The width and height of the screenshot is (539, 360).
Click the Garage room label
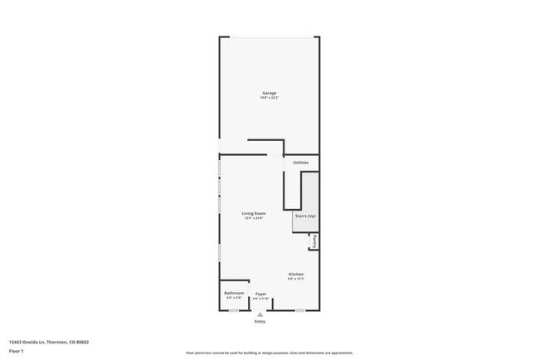[x=269, y=92]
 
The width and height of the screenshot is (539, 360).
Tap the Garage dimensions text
[x=269, y=98]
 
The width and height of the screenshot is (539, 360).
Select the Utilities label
[x=300, y=163]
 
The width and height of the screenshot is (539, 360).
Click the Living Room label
[x=253, y=213]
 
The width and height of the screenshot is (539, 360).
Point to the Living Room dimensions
[x=253, y=219]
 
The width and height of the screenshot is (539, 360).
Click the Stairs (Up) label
[x=305, y=215]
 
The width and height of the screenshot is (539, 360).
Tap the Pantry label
[x=315, y=241]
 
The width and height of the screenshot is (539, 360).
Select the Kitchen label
[x=296, y=274]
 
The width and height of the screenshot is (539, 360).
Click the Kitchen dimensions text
[x=296, y=280]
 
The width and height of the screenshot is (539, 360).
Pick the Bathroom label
[x=233, y=293]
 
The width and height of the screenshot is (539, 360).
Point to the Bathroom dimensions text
[x=233, y=299]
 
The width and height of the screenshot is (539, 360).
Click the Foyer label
[x=260, y=294]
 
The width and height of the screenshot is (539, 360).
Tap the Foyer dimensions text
[x=260, y=299]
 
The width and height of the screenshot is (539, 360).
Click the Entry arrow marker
[x=260, y=314]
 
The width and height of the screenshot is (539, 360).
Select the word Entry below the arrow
[x=260, y=321]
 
